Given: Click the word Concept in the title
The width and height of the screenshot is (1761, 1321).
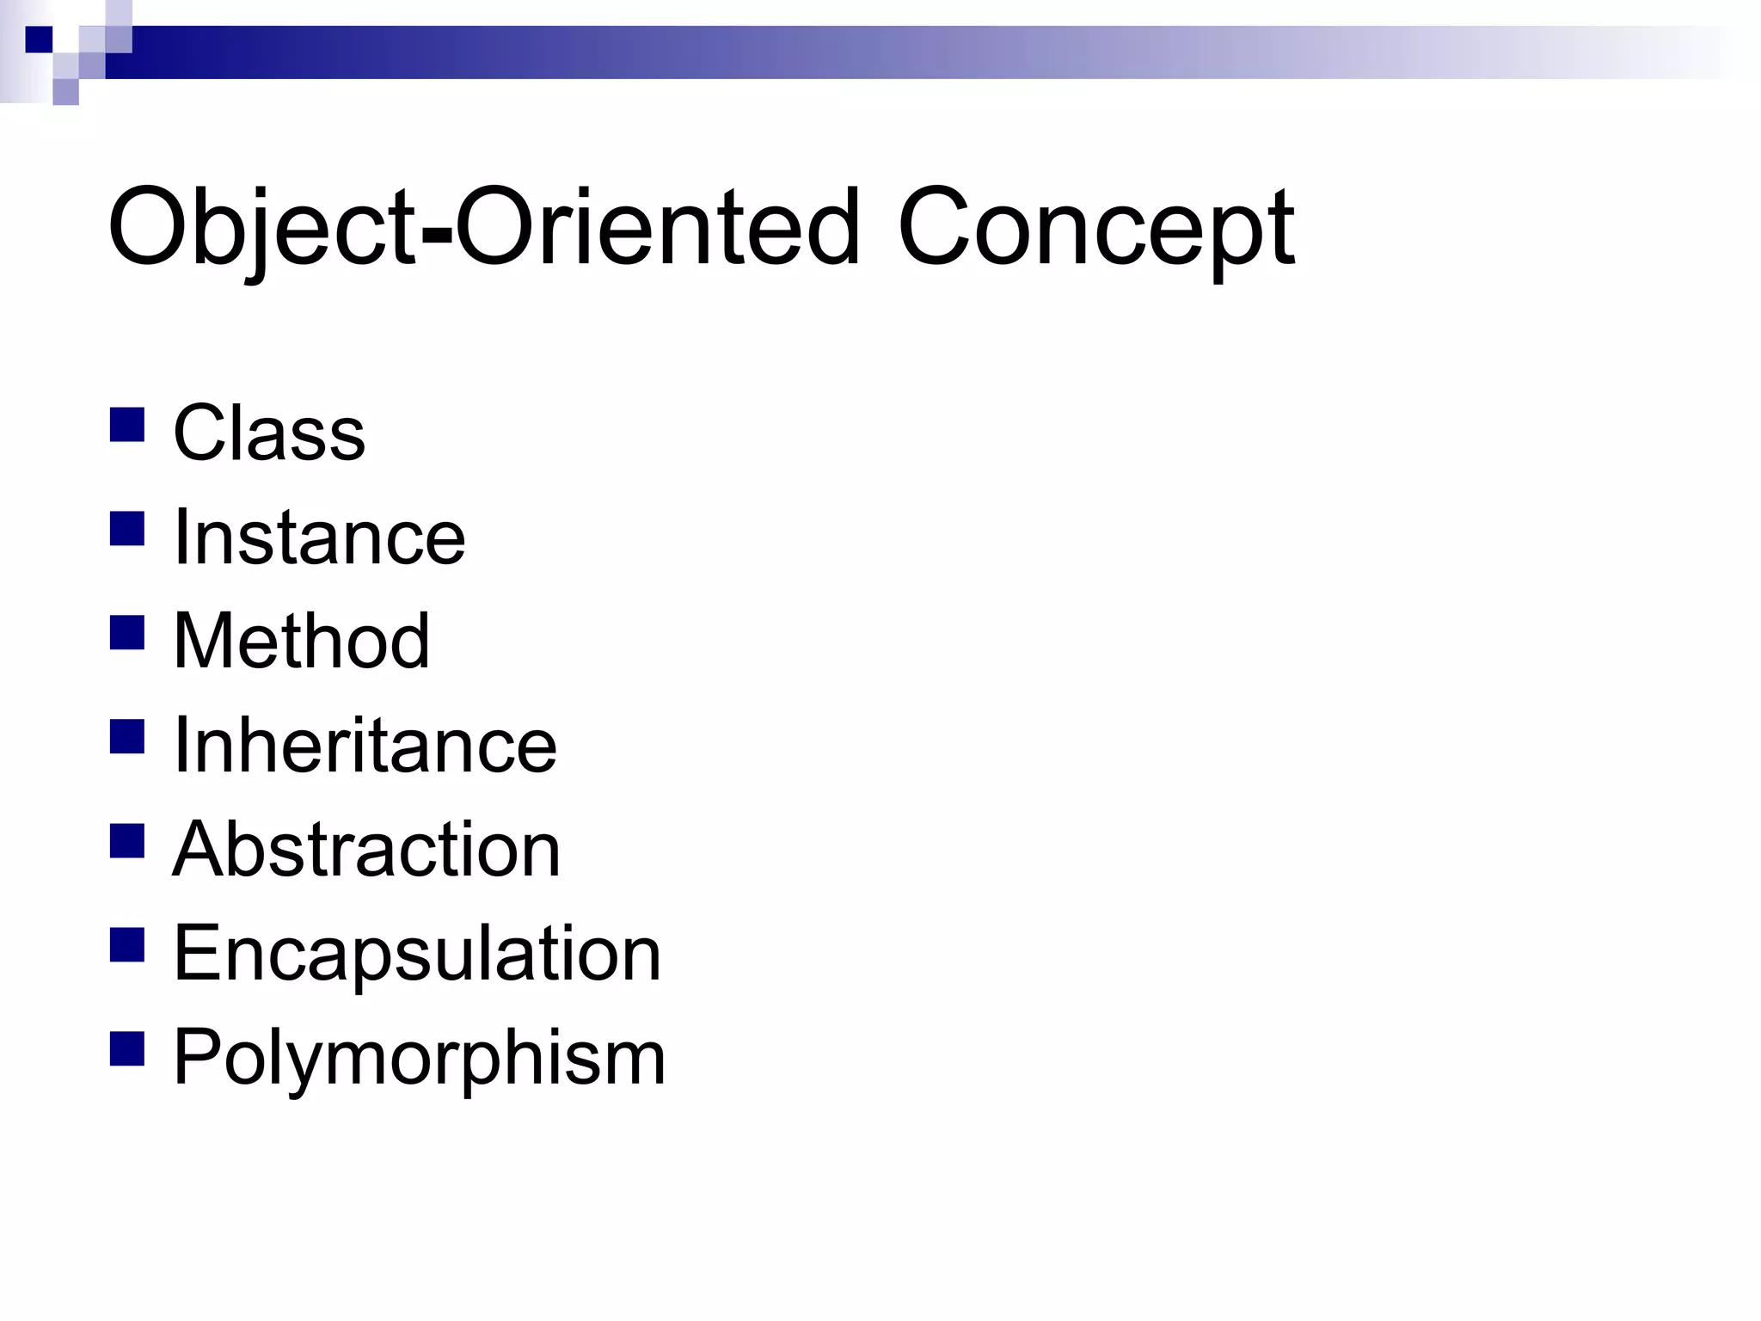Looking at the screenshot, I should [x=1096, y=228].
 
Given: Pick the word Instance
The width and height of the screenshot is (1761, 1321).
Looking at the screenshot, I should [x=319, y=537].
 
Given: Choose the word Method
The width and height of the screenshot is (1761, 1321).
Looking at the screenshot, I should [x=301, y=641].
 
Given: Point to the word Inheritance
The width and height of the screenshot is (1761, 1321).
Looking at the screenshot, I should [x=365, y=745].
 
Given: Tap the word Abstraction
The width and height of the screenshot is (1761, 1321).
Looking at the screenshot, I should [x=366, y=849].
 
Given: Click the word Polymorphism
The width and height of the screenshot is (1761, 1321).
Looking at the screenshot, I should [x=420, y=1058].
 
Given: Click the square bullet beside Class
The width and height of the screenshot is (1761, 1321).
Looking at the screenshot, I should [x=127, y=425].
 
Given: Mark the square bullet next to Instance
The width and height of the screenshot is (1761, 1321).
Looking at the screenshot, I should [x=127, y=529].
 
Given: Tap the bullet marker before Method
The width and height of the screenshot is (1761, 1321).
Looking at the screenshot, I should [x=127, y=633].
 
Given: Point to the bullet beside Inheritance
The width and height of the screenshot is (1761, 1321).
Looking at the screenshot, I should [x=127, y=737].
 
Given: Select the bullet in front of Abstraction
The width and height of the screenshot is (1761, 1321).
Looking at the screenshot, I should [x=127, y=841].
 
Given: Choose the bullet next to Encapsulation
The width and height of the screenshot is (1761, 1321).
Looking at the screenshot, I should [x=127, y=945].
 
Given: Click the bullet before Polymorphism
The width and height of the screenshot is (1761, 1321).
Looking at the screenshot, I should [x=127, y=1049].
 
